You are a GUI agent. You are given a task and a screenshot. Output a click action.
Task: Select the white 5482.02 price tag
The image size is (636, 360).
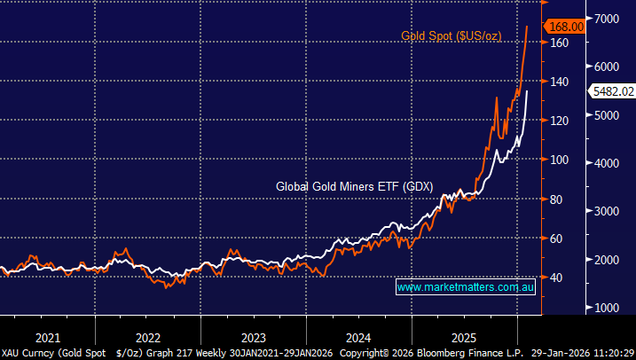click(x=612, y=90)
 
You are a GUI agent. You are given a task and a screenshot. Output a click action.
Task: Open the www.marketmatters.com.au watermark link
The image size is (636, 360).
click(x=465, y=287)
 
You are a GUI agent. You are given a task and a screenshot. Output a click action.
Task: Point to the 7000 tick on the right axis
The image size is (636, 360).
click(x=608, y=19)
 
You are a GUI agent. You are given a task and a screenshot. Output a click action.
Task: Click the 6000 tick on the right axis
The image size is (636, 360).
click(x=608, y=67)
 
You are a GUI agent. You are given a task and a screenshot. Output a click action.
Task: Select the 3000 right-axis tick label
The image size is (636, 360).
click(x=608, y=211)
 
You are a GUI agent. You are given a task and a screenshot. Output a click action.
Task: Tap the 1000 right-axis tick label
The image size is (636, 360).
click(x=608, y=308)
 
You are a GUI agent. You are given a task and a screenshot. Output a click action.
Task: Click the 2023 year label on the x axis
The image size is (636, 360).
click(x=253, y=337)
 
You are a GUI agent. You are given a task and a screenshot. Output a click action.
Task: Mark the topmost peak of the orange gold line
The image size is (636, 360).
click(x=528, y=27)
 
